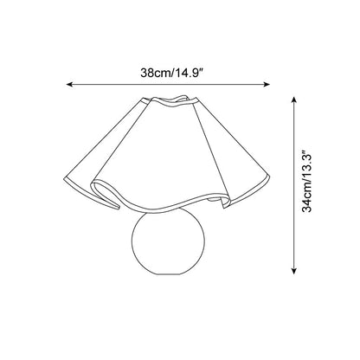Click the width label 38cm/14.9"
(x=172, y=73)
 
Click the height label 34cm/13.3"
(x=306, y=181)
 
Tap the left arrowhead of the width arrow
(x=69, y=84)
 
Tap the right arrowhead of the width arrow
(x=267, y=84)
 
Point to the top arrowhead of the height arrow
(x=293, y=100)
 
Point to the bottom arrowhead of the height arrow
(x=293, y=271)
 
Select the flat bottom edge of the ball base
(x=168, y=274)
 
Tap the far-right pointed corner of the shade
(x=268, y=176)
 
